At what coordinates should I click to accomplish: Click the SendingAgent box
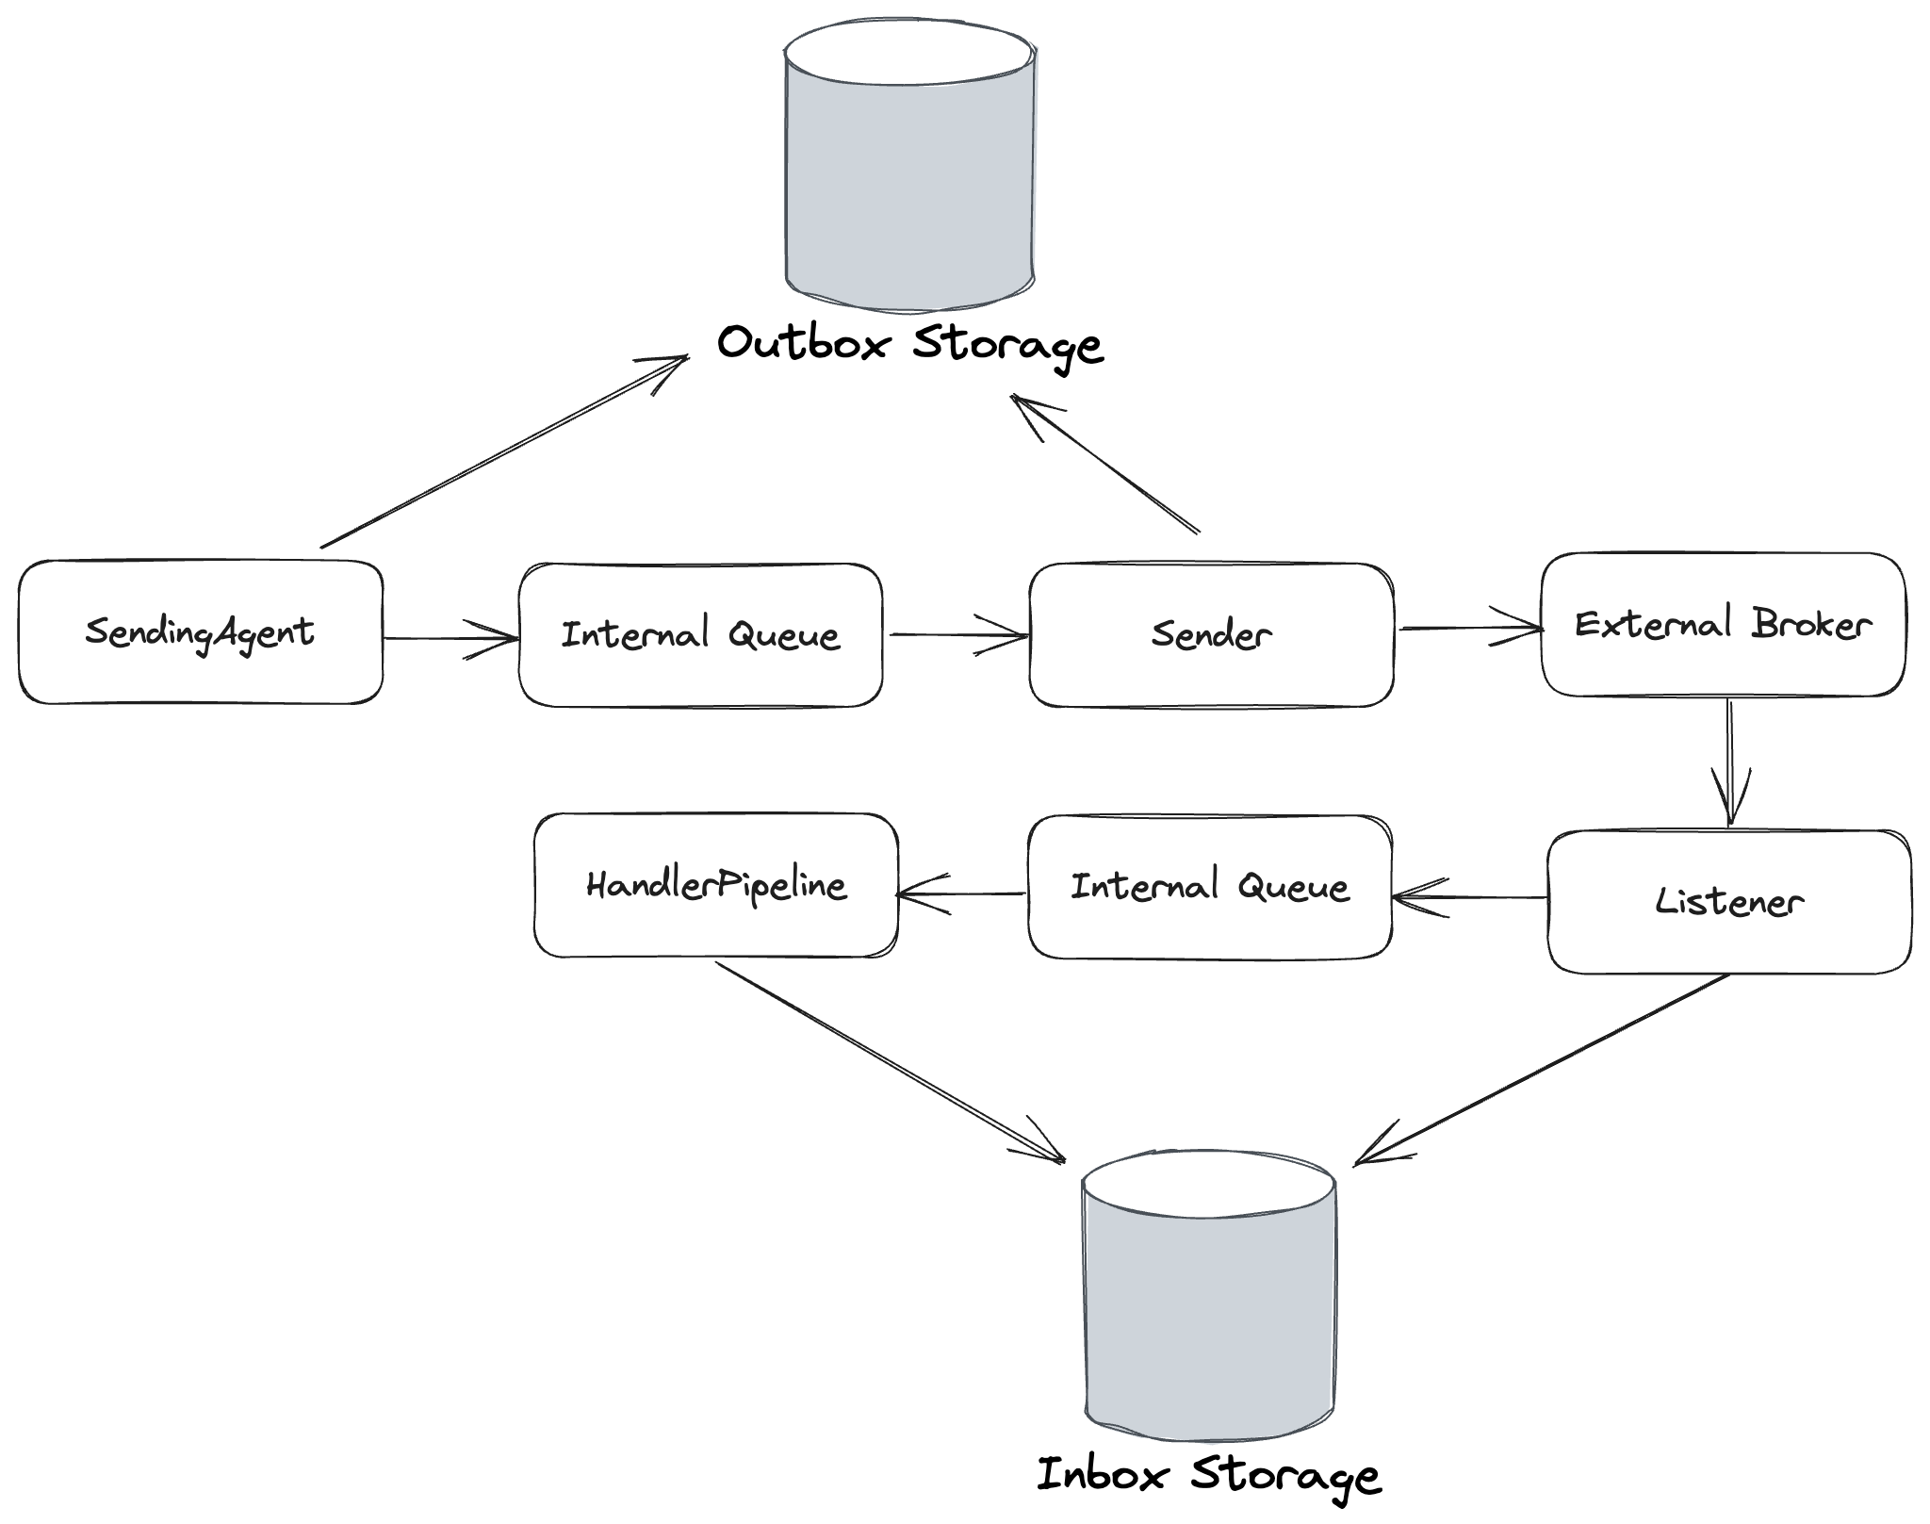[200, 632]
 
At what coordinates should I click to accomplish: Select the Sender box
[1211, 634]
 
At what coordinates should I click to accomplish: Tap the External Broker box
[1723, 625]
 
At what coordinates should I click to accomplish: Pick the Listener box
[1729, 902]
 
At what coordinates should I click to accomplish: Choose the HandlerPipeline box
[716, 885]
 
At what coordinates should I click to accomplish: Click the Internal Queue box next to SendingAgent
[700, 635]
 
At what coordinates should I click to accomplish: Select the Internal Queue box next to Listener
[1210, 887]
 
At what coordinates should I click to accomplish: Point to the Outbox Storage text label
[909, 344]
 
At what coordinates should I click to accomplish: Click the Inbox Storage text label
[1209, 1475]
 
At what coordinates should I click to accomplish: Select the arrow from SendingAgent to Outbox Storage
[504, 451]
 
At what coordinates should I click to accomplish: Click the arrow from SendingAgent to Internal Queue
[450, 639]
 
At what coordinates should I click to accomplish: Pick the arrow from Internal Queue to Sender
[957, 634]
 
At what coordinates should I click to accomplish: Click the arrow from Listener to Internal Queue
[1470, 897]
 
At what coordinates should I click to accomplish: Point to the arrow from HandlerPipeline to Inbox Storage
[890, 1060]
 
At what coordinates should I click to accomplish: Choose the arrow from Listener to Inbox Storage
[1543, 1069]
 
